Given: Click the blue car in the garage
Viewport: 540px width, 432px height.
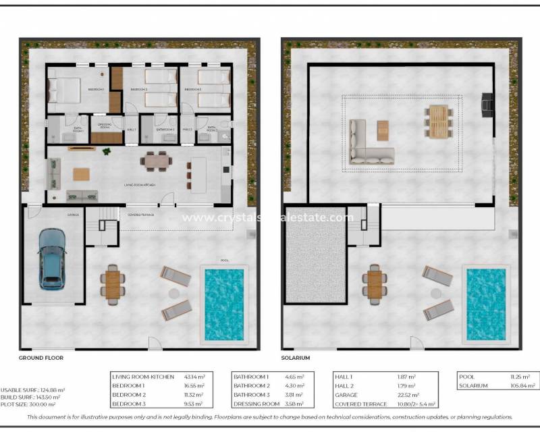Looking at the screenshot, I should pyautogui.click(x=52, y=258).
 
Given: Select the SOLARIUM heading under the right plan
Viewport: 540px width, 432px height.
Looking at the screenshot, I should pyautogui.click(x=296, y=357).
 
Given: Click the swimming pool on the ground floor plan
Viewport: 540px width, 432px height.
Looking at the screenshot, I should pyautogui.click(x=224, y=304).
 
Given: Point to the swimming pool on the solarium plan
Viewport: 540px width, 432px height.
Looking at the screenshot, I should pyautogui.click(x=486, y=304).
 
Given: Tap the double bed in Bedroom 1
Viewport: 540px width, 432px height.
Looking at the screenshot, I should pyautogui.click(x=62, y=89).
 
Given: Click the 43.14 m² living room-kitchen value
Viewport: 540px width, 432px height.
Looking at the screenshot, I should pyautogui.click(x=194, y=377).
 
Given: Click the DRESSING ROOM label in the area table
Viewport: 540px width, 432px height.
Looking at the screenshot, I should pyautogui.click(x=256, y=404).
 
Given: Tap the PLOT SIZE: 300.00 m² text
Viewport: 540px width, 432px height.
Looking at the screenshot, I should pyautogui.click(x=28, y=404).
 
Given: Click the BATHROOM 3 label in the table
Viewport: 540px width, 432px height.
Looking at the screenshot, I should pyautogui.click(x=251, y=395).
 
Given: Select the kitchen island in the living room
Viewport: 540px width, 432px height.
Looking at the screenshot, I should pyautogui.click(x=198, y=175).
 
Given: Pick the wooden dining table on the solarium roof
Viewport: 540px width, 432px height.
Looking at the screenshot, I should pyautogui.click(x=437, y=122).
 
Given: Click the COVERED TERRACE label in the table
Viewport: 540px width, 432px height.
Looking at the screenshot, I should pyautogui.click(x=361, y=404).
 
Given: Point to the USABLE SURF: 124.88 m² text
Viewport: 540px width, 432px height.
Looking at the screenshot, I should pyautogui.click(x=32, y=390).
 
